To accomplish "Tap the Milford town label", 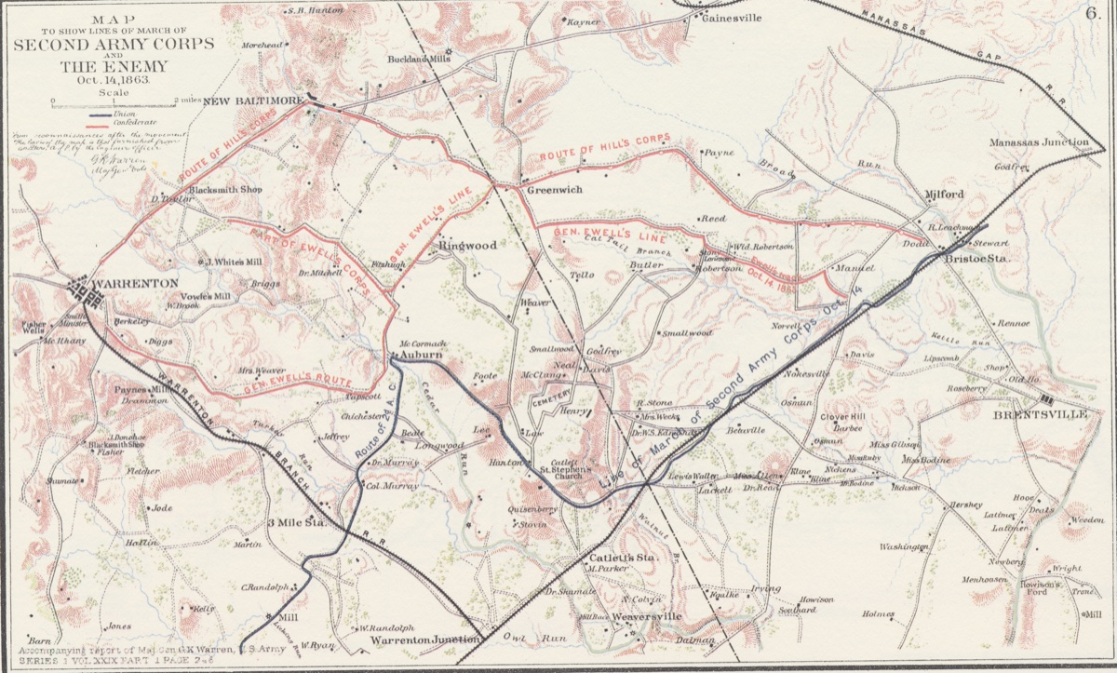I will click(x=944, y=195).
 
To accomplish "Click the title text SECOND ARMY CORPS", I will click(x=113, y=44).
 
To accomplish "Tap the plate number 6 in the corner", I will click(x=1092, y=12).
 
